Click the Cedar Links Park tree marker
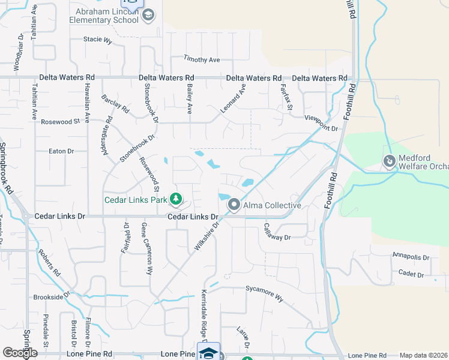pyautogui.click(x=175, y=197)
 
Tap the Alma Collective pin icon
pyautogui.click(x=234, y=205)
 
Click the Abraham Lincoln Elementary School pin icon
pyautogui.click(x=149, y=14)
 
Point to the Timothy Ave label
pyautogui.click(x=202, y=59)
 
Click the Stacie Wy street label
pyautogui.click(x=98, y=40)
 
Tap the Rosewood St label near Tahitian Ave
pyautogui.click(x=60, y=122)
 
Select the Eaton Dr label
pyautogui.click(x=61, y=151)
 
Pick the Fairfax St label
pyautogui.click(x=287, y=97)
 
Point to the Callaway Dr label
pyautogui.click(x=277, y=232)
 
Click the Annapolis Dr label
pyautogui.click(x=411, y=256)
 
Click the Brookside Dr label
pyautogui.click(x=52, y=296)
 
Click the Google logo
pyautogui.click(x=20, y=352)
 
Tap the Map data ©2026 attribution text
pyautogui.click(x=423, y=355)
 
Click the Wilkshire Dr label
pyautogui.click(x=205, y=235)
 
